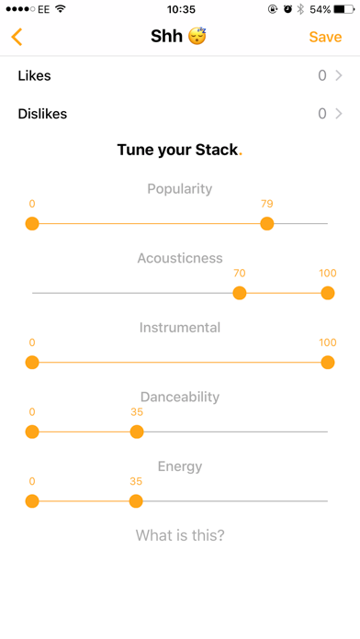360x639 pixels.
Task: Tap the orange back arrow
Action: tap(17, 38)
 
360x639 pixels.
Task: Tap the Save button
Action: tap(325, 38)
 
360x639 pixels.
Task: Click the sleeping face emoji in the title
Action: tap(197, 38)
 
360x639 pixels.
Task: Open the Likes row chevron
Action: tap(339, 76)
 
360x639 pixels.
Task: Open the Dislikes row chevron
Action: tap(339, 115)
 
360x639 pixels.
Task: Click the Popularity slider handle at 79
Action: tap(266, 223)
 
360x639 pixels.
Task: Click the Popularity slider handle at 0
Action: tap(32, 223)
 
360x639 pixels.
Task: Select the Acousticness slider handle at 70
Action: tap(240, 293)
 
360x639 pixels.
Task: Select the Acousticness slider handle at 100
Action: tap(327, 293)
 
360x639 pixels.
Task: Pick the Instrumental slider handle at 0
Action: tap(32, 363)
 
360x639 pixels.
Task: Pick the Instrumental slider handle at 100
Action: tap(327, 363)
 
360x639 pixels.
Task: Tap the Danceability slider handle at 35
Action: tap(136, 432)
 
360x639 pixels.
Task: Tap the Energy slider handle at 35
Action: tap(136, 501)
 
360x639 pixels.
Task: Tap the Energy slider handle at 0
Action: tap(32, 501)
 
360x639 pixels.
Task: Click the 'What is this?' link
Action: tap(180, 535)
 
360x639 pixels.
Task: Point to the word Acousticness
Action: tap(180, 258)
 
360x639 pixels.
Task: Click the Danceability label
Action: tap(180, 397)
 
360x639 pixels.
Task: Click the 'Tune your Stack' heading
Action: tap(178, 150)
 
